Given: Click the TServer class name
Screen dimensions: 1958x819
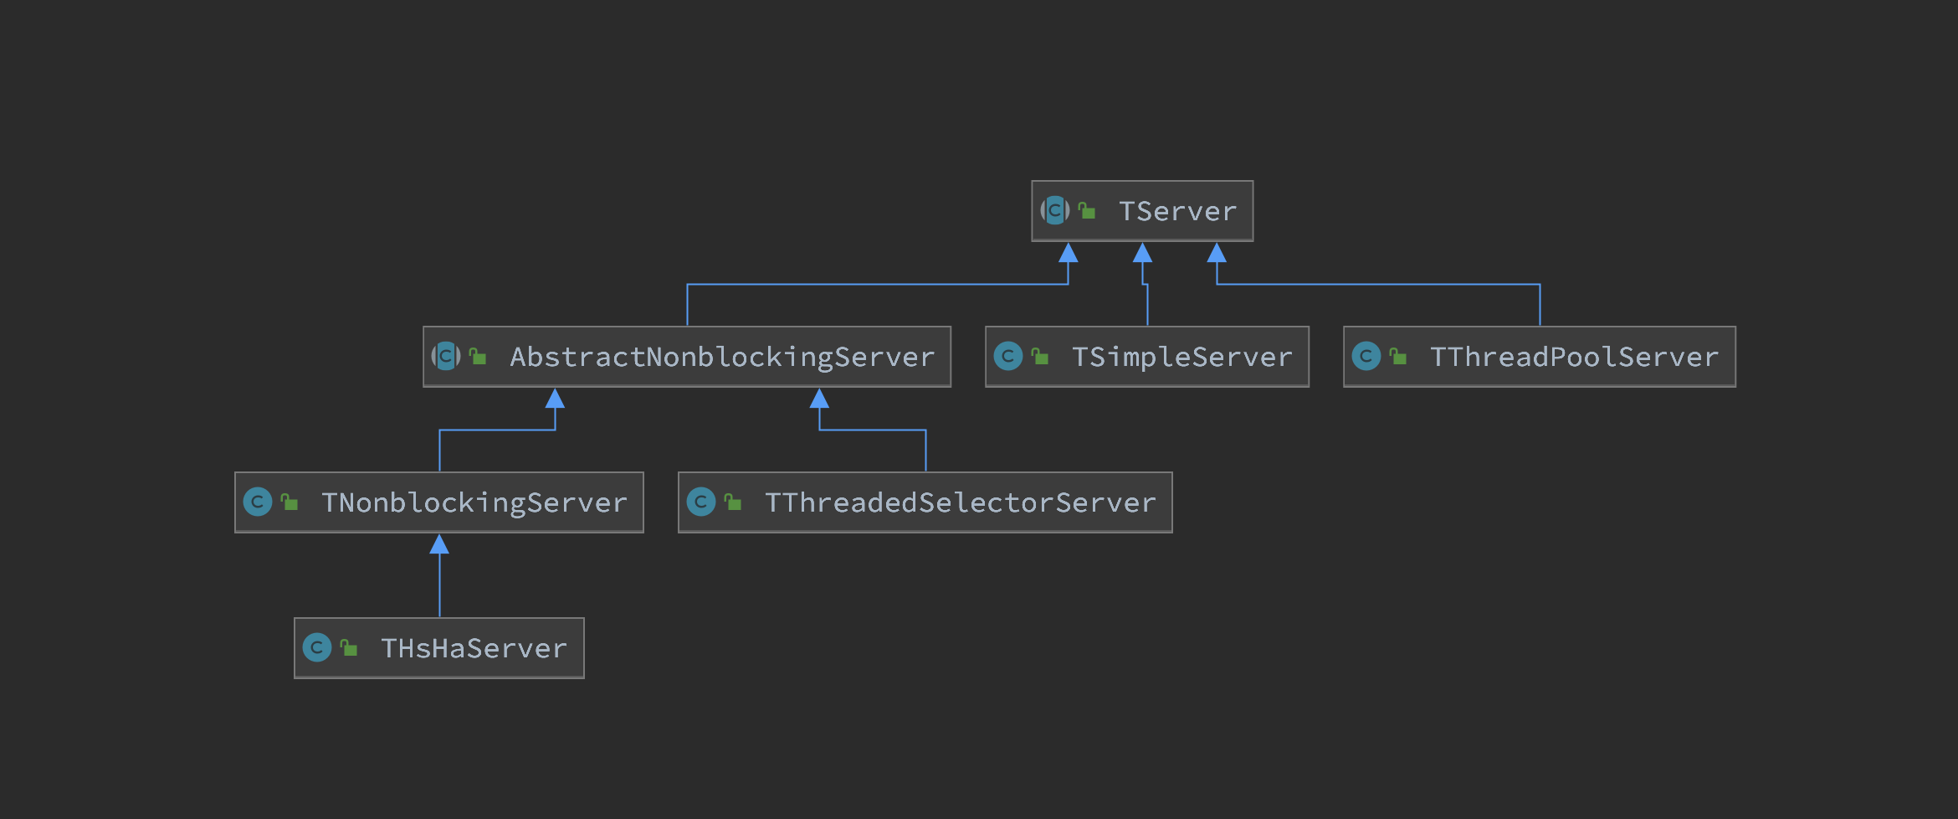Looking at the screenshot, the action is (x=1177, y=211).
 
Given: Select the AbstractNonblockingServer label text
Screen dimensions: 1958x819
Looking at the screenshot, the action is (x=722, y=358).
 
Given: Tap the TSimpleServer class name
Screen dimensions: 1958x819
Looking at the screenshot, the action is (x=1182, y=358).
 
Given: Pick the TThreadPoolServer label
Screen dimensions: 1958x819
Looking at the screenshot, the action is (x=1574, y=357).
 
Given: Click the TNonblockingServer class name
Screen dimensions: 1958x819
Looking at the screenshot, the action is (x=474, y=503).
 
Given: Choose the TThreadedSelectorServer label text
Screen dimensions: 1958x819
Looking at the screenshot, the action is (x=961, y=502).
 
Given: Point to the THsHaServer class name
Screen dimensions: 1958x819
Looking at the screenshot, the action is (x=474, y=648).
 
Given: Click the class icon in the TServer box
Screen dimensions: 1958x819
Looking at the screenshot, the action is (x=1055, y=210).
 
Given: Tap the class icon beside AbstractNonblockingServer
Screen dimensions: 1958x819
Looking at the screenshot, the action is (x=446, y=356).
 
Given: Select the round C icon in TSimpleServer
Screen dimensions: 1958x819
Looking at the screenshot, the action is (x=1008, y=356).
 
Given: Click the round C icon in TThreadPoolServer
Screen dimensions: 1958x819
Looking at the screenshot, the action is (x=1366, y=356).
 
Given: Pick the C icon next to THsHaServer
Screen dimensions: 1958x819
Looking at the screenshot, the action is (x=317, y=647).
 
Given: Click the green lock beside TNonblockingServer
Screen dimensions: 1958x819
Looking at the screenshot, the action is (x=290, y=502).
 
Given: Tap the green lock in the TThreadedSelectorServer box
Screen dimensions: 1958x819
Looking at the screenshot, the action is (x=733, y=502).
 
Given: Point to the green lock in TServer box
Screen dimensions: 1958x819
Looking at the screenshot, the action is (x=1087, y=210).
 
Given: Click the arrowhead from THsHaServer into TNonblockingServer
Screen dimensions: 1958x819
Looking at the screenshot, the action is (x=439, y=544).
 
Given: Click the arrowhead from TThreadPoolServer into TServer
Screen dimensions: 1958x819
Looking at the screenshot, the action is (x=1217, y=252).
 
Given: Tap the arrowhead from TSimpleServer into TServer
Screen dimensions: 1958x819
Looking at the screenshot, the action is (x=1142, y=252).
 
